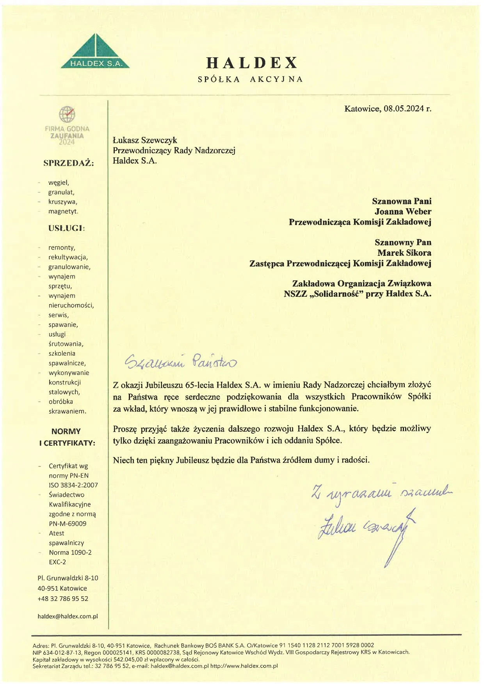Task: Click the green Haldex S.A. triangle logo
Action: [95, 53]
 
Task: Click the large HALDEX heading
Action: [252, 63]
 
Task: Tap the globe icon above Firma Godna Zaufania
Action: [67, 114]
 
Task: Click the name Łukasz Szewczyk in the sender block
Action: [145, 140]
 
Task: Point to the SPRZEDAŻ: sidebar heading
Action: [69, 163]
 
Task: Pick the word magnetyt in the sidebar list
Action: [63, 211]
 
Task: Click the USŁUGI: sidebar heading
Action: [66, 228]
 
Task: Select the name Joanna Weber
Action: [403, 211]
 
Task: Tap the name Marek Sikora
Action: [404, 253]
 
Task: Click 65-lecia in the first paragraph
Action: [199, 385]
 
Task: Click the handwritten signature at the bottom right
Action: [367, 528]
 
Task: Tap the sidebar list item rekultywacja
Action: [68, 257]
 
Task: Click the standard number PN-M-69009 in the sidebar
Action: [68, 524]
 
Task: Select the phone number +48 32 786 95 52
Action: [63, 599]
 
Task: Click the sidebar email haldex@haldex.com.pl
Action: [68, 617]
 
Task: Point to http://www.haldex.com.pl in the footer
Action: [244, 666]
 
